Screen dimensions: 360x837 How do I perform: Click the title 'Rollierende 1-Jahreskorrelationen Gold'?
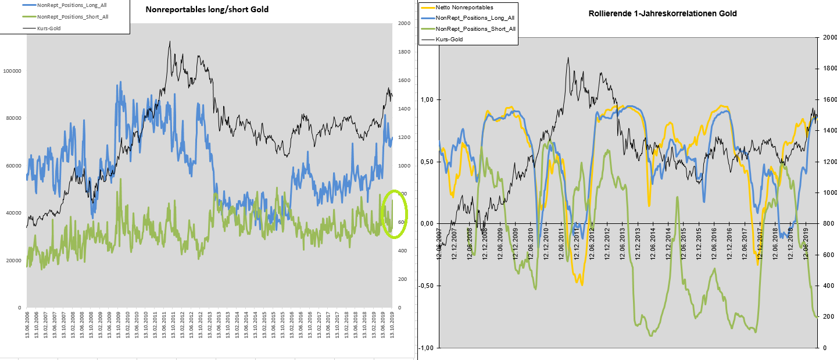(667, 13)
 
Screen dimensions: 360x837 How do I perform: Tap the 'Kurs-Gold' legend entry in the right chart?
(449, 39)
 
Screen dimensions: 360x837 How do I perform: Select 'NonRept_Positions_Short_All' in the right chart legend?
(475, 28)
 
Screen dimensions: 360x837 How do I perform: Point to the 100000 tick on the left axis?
(13, 71)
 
